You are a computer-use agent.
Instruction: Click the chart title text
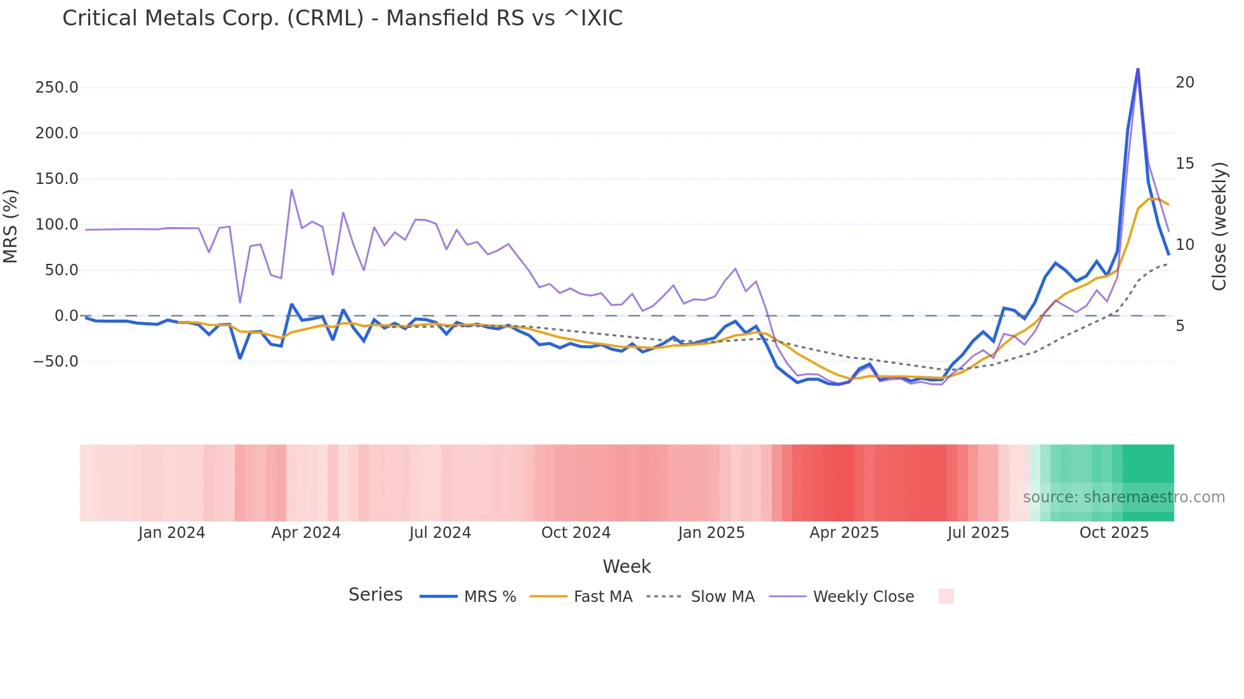click(342, 18)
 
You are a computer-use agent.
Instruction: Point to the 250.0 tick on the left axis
click(56, 88)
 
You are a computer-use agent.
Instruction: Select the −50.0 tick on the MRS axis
click(56, 362)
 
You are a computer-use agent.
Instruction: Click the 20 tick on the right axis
click(1184, 82)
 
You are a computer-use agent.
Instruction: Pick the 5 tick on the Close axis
click(1180, 326)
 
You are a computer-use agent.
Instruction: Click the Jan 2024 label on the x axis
click(171, 533)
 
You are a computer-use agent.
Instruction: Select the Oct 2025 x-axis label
click(1114, 533)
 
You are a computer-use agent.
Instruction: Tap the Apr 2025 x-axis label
click(844, 533)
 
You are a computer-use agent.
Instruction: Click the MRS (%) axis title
click(11, 226)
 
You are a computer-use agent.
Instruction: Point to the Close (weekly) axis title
click(1219, 226)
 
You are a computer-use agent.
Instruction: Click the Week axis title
click(626, 566)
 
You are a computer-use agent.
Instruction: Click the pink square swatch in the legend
click(946, 596)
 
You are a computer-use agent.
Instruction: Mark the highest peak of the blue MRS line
click(1138, 69)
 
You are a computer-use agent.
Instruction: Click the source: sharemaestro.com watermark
click(1123, 497)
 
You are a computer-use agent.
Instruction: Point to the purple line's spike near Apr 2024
click(291, 190)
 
